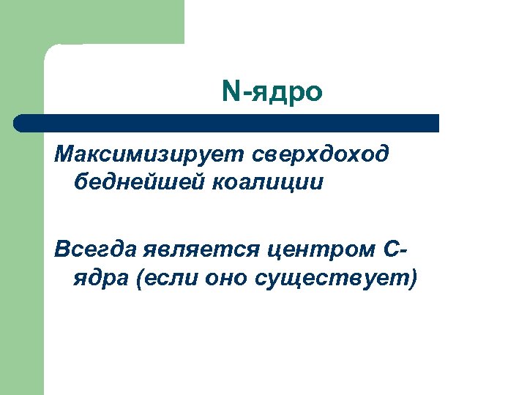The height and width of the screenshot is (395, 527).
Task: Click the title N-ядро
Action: [x=272, y=92]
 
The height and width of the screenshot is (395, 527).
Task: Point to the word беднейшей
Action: [x=140, y=182]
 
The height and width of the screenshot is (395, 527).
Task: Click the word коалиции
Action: [x=267, y=182]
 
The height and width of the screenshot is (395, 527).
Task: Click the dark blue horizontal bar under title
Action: [x=234, y=123]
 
